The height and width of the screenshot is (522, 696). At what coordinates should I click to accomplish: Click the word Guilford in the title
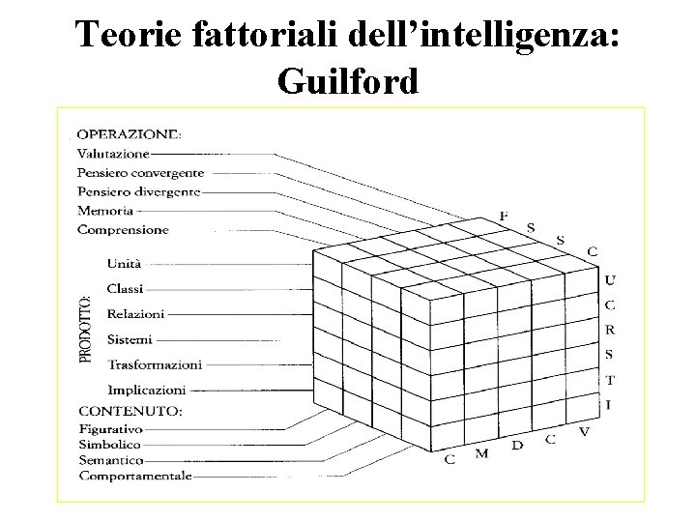click(348, 81)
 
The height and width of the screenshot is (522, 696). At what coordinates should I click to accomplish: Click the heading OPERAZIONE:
click(130, 134)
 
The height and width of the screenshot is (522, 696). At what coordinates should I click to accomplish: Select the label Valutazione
click(113, 154)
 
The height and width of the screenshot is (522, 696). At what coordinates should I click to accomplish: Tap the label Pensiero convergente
click(140, 173)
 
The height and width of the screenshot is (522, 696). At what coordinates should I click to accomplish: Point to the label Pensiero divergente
click(138, 191)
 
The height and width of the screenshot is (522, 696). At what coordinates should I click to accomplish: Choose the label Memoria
click(105, 211)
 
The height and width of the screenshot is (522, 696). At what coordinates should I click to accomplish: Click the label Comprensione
click(123, 230)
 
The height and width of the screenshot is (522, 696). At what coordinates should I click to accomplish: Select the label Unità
click(124, 263)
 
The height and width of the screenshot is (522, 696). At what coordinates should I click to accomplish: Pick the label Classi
click(126, 288)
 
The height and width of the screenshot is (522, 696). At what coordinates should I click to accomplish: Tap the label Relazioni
click(135, 314)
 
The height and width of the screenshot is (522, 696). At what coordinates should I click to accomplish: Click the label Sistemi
click(130, 339)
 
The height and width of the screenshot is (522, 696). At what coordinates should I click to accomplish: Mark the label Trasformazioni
click(155, 365)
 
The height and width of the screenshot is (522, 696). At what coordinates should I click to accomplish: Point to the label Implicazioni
click(146, 391)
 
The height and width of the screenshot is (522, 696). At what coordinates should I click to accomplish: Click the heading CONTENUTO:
click(129, 412)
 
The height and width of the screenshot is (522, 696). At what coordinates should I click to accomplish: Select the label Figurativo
click(110, 428)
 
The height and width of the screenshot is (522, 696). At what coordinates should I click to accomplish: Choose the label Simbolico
click(109, 445)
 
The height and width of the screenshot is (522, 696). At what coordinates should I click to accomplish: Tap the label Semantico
click(111, 461)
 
